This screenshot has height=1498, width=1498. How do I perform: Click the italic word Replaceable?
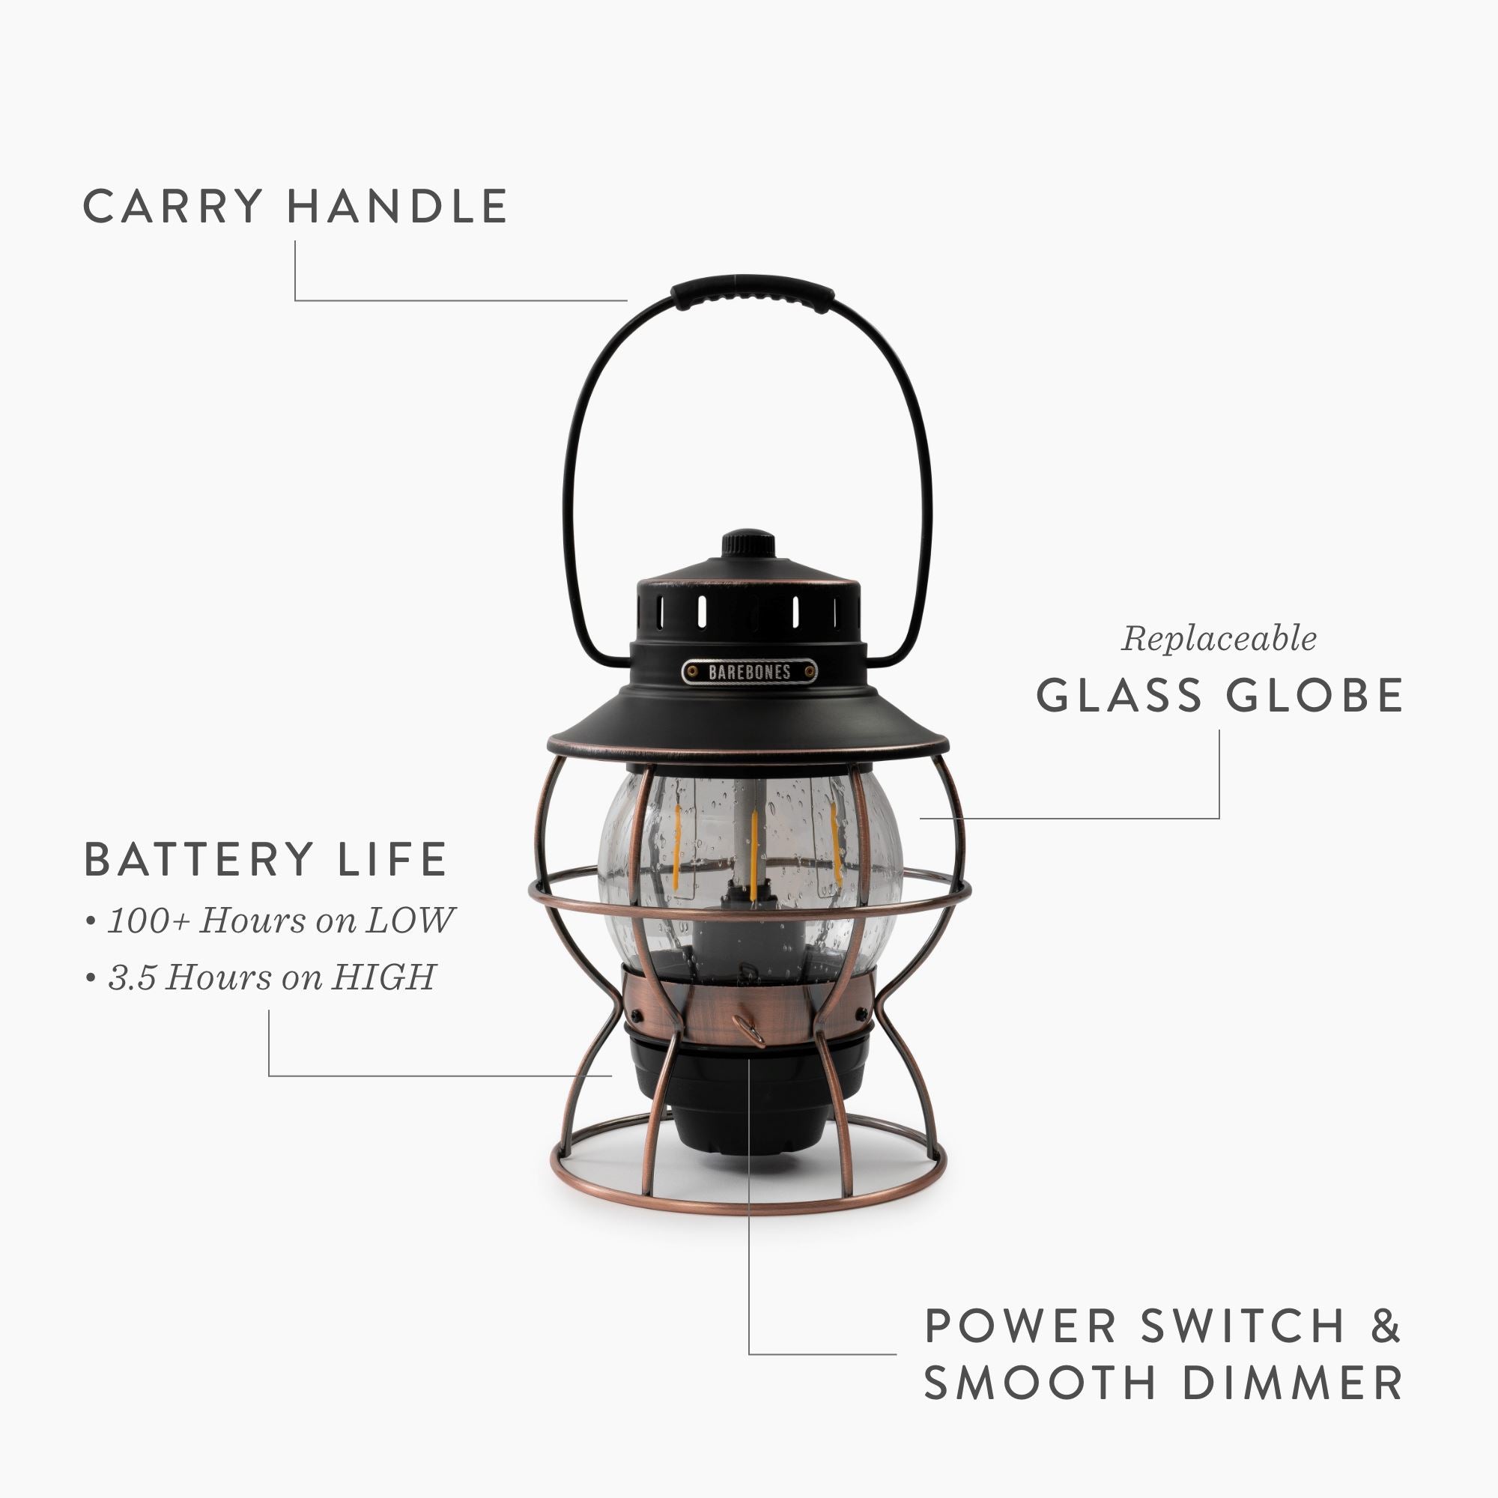coord(1218,640)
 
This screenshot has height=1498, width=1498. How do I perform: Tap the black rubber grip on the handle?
coord(752,292)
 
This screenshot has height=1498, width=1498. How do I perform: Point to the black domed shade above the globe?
coord(748,718)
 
